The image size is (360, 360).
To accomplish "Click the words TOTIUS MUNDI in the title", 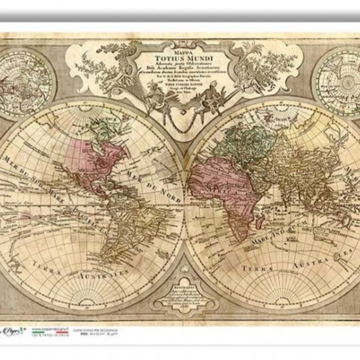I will [180, 57].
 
